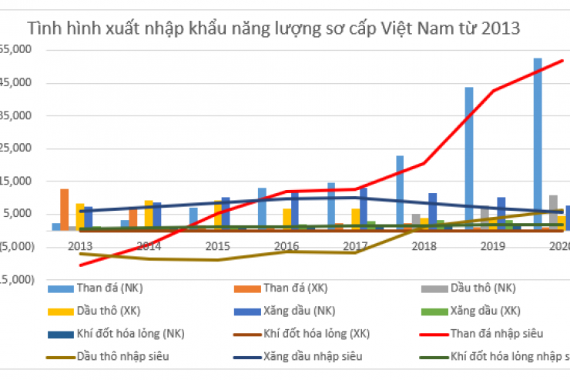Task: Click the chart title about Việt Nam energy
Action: click(x=273, y=28)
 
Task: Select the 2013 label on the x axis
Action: click(x=80, y=245)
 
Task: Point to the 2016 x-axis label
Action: click(x=287, y=245)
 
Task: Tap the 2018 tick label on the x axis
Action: click(x=424, y=245)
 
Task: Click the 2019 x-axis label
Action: click(x=492, y=245)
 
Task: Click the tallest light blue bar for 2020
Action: click(x=537, y=143)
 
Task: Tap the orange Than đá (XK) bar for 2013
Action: click(x=65, y=208)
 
